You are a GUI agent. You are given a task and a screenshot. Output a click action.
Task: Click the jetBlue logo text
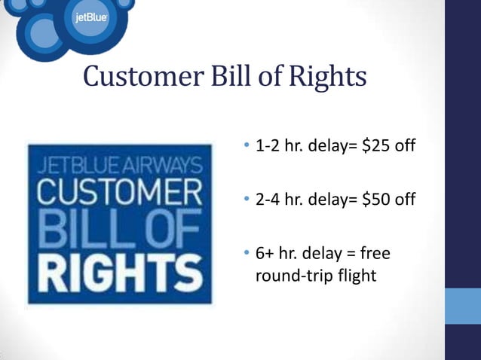(x=90, y=18)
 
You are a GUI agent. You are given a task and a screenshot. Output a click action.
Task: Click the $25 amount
(x=375, y=145)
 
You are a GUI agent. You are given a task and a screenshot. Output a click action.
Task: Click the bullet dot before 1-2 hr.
(x=247, y=145)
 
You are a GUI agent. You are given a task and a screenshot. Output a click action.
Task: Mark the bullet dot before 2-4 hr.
(x=247, y=200)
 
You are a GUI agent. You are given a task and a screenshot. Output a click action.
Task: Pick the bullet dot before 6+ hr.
(x=247, y=255)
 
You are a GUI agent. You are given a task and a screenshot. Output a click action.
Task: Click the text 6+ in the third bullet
(x=267, y=255)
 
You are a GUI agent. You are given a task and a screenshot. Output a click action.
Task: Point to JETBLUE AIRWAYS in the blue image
(x=115, y=163)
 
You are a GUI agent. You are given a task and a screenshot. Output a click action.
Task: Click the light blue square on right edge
(x=462, y=306)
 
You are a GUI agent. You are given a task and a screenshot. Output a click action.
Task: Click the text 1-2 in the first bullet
(x=268, y=145)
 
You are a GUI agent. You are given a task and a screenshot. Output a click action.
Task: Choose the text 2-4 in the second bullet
(x=268, y=200)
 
